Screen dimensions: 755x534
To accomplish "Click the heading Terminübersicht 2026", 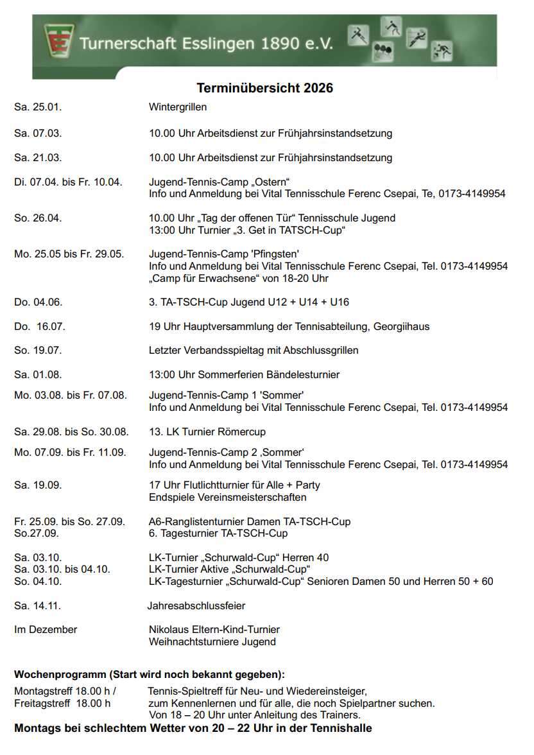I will pos(264,88).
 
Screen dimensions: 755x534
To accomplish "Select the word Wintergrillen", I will pos(178,107).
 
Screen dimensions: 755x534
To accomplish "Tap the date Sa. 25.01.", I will pos(38,107).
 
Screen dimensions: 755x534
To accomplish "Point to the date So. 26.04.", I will pos(38,218).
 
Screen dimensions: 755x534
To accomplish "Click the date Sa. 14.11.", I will pos(37,605).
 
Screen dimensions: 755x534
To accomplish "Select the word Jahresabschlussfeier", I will pos(196,605).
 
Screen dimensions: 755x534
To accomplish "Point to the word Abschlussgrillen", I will pos(320,351).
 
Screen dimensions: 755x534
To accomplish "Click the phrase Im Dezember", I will pos(46,630).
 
